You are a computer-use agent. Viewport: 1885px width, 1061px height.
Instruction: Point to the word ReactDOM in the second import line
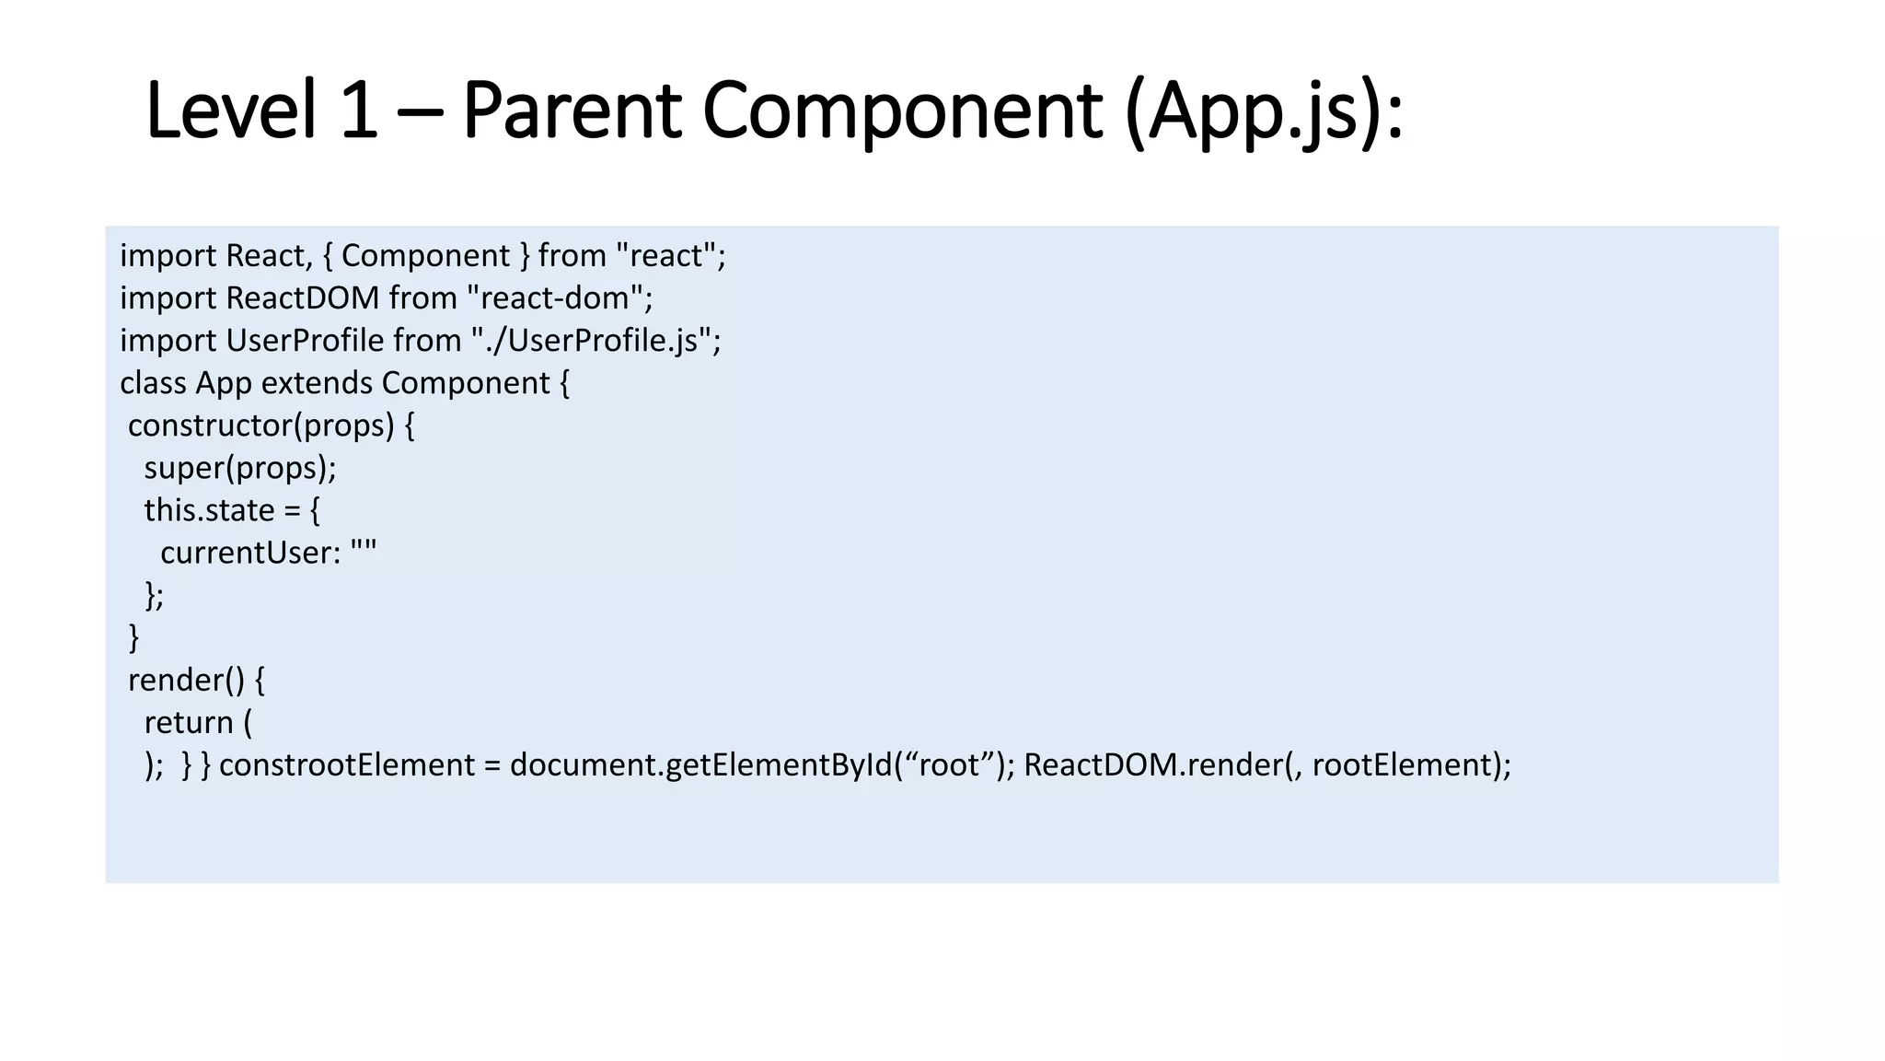tap(302, 298)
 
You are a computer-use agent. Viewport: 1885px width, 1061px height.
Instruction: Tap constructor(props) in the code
tap(260, 426)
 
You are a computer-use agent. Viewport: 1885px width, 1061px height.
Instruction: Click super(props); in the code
tap(240, 468)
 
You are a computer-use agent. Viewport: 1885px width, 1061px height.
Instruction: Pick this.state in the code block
tap(209, 510)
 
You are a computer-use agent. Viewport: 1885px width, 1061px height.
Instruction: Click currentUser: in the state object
tap(250, 553)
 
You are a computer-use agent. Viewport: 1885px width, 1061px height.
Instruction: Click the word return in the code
tap(189, 722)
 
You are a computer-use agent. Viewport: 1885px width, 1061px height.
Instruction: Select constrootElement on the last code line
tap(346, 764)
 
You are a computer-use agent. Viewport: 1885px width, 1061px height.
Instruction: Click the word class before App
tap(153, 383)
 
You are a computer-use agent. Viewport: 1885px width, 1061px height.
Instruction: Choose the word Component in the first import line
tap(425, 256)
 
